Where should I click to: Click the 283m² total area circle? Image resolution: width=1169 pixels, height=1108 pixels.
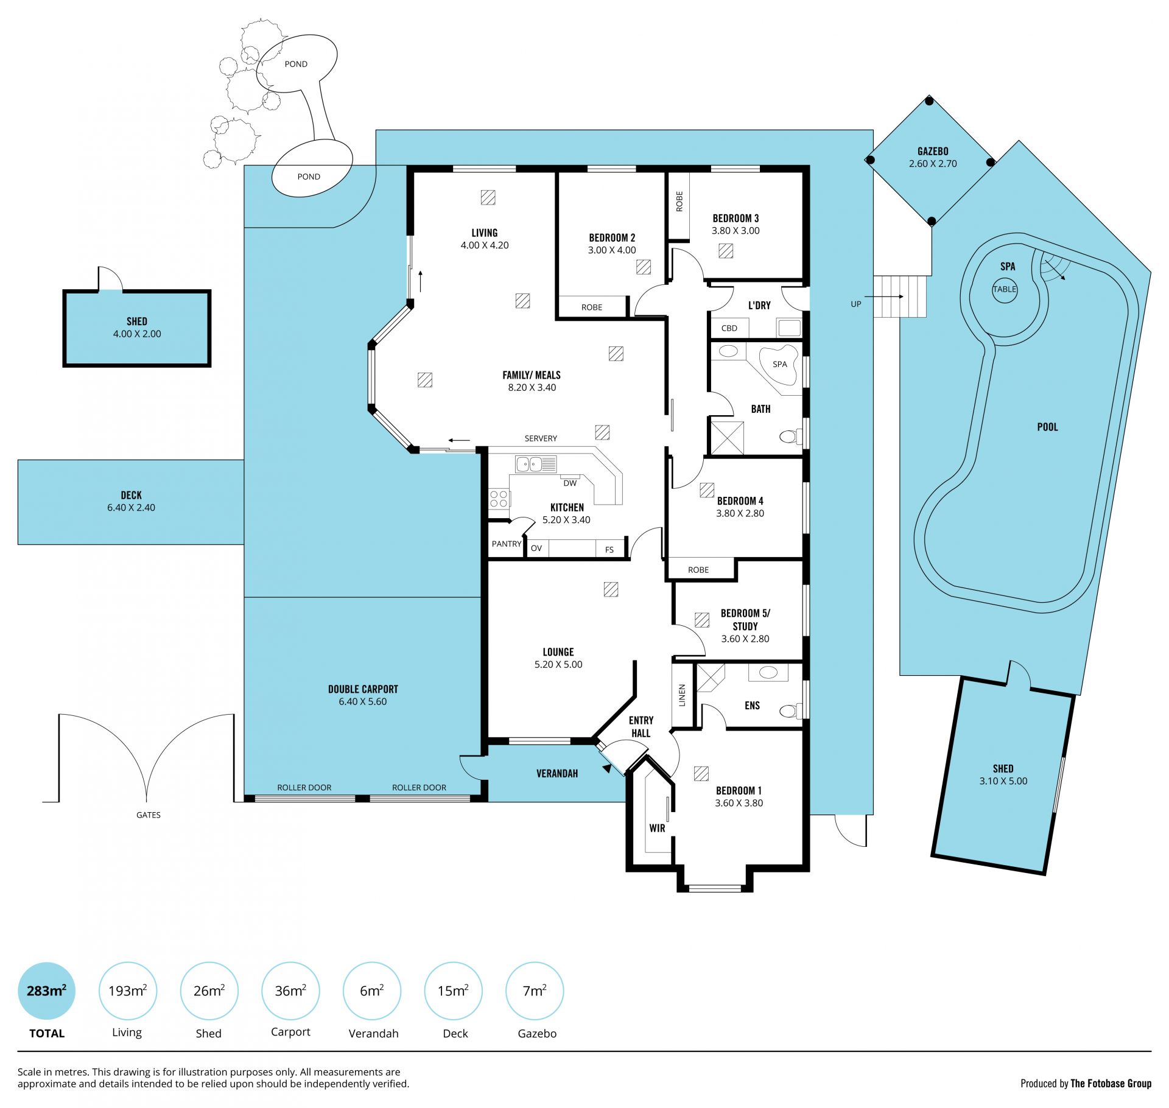click(46, 991)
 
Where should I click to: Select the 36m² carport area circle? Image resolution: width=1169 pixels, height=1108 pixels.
click(290, 991)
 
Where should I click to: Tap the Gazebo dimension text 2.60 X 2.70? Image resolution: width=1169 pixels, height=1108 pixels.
click(933, 164)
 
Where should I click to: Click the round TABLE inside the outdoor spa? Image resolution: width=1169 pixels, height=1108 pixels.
click(1005, 289)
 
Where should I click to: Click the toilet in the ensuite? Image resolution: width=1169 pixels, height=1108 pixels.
click(790, 710)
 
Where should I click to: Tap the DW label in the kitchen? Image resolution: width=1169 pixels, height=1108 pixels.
click(570, 483)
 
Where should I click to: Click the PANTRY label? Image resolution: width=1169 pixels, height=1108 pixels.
click(507, 544)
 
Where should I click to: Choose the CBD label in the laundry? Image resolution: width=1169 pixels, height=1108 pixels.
click(729, 328)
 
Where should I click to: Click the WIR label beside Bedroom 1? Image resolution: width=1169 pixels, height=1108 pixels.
click(657, 828)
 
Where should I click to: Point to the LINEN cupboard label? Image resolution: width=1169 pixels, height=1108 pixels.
click(682, 695)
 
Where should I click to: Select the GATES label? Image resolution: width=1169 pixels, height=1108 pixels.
click(149, 815)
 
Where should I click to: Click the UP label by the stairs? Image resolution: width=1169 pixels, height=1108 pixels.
click(856, 304)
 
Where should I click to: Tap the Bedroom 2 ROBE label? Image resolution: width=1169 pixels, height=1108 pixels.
click(592, 307)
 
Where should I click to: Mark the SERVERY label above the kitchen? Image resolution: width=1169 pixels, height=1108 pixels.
click(541, 438)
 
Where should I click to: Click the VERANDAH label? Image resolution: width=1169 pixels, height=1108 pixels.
click(557, 774)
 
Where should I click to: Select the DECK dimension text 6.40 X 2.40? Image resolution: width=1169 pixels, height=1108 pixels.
click(131, 508)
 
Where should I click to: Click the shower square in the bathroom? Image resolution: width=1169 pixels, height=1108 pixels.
click(728, 437)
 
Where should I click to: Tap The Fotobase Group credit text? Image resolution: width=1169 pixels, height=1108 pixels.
click(1111, 1083)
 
